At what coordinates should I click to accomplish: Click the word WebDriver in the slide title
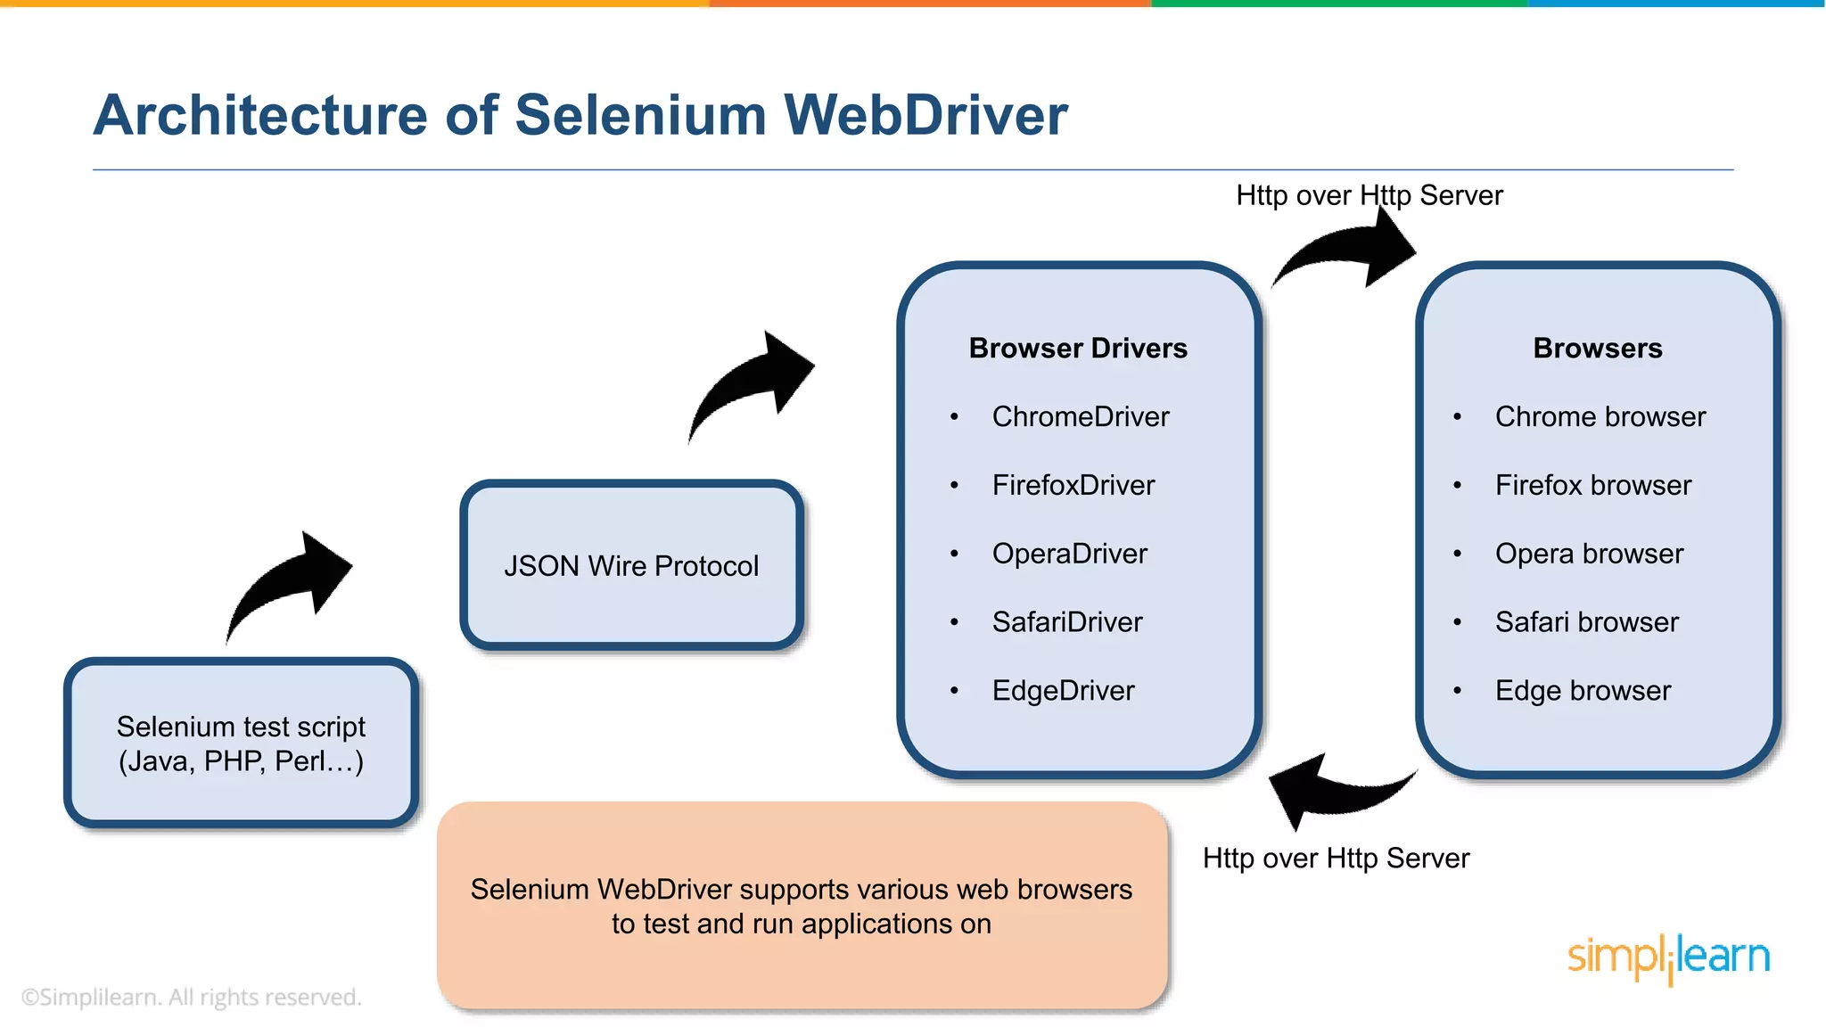point(925,116)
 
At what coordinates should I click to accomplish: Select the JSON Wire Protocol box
point(631,565)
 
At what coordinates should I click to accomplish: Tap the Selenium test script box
point(241,743)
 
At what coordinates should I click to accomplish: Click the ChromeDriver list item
point(1080,416)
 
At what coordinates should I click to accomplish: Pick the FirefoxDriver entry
point(1073,485)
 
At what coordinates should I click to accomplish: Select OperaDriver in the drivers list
point(1069,554)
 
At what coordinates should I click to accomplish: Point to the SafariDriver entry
point(1066,622)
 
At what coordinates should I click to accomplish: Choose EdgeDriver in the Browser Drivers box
point(1063,691)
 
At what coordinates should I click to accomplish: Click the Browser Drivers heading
point(1078,348)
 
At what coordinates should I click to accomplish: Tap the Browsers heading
point(1597,348)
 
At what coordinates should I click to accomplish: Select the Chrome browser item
point(1600,416)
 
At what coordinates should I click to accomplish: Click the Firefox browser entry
point(1592,485)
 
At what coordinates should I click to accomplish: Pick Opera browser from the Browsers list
point(1589,554)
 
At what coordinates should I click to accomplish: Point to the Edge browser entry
point(1583,691)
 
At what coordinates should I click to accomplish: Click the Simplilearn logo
point(1667,957)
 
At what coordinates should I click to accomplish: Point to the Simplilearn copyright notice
point(191,997)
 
